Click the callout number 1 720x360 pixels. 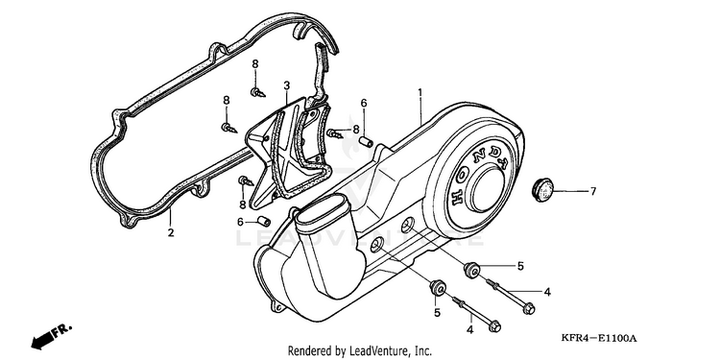pyautogui.click(x=420, y=93)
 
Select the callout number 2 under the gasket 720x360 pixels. pyautogui.click(x=171, y=233)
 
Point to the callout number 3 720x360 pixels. pyautogui.click(x=286, y=85)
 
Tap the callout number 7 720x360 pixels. pyautogui.click(x=593, y=191)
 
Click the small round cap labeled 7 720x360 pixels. pyautogui.click(x=542, y=190)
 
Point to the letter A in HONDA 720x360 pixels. pyautogui.click(x=507, y=163)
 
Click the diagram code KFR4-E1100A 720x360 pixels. pyautogui.click(x=599, y=339)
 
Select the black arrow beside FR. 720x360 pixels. pyautogui.click(x=41, y=341)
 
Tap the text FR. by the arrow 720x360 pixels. pyautogui.click(x=61, y=330)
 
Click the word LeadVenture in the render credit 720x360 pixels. pyautogui.click(x=375, y=351)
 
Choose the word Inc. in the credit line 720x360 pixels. pyautogui.click(x=423, y=351)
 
